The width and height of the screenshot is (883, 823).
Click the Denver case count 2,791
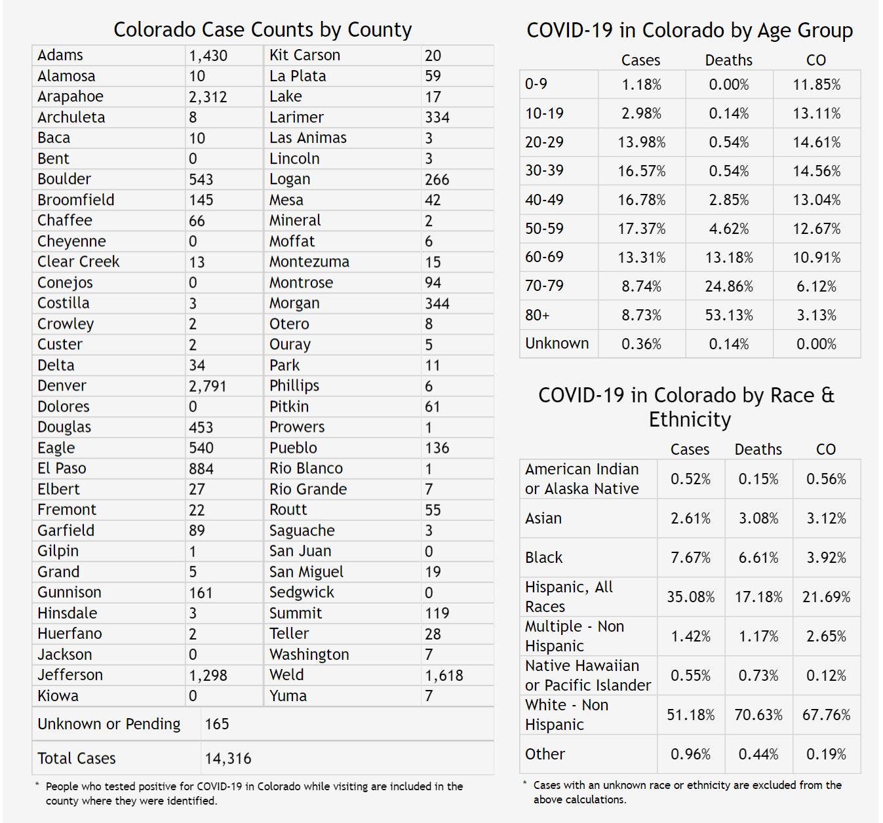coord(207,386)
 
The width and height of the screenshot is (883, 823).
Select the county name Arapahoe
coord(70,96)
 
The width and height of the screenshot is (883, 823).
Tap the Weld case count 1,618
coord(444,675)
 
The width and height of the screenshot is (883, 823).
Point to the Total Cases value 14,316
coord(227,758)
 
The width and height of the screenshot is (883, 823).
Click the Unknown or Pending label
coord(109,724)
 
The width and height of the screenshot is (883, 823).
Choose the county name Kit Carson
coord(305,55)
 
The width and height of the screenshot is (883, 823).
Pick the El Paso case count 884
coord(201,469)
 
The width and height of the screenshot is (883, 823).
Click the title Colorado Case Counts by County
coord(262,29)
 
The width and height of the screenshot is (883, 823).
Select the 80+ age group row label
coord(537,315)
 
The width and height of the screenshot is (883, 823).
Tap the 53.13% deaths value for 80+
coord(729,315)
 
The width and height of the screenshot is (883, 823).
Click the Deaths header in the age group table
coord(728,60)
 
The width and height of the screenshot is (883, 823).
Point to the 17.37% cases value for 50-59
coord(641,229)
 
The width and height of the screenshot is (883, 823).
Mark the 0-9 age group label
coord(536,84)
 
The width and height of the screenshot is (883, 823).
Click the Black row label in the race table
coord(543,558)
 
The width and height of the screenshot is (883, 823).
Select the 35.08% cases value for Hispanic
coord(690,597)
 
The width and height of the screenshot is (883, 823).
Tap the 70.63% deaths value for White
coord(758,715)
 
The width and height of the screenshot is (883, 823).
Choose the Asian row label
coord(543,518)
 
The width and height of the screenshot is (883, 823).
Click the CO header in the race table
coord(825,450)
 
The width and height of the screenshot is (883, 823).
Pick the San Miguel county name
coord(306,572)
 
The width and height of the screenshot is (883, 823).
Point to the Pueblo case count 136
coord(437,448)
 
